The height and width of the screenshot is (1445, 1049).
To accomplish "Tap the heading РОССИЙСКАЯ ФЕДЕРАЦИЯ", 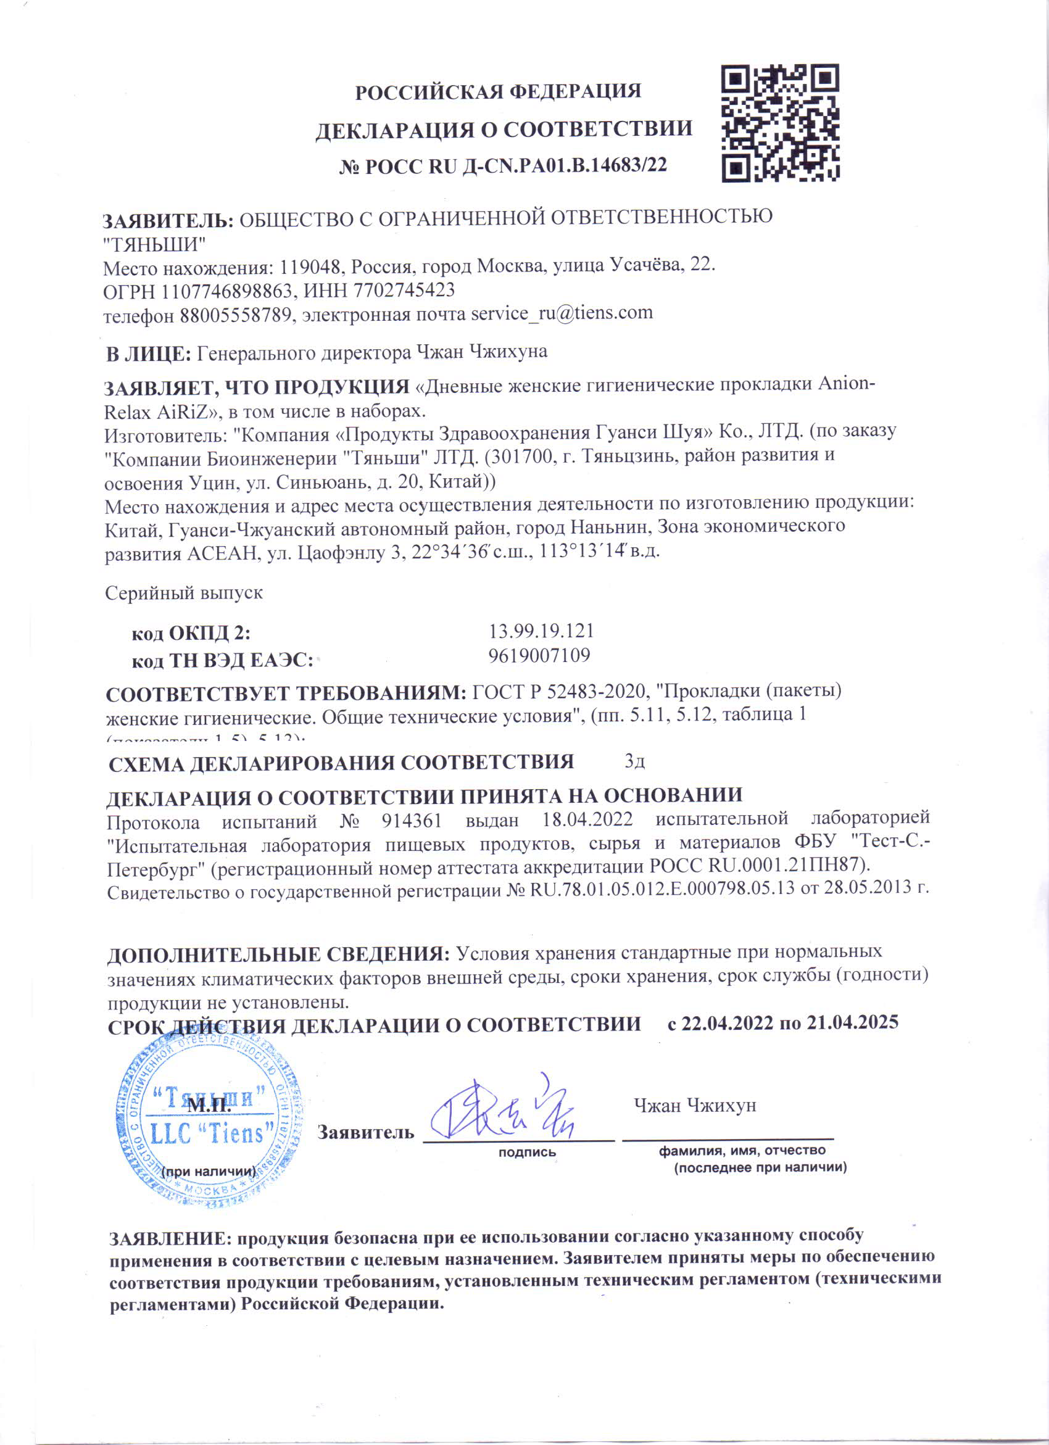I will (498, 92).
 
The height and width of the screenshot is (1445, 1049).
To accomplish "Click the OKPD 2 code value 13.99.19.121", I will (541, 631).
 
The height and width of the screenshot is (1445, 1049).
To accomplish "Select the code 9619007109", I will (539, 655).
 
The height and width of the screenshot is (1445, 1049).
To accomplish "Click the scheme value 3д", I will (636, 761).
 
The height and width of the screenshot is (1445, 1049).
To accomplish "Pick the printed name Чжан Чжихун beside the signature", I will (695, 1106).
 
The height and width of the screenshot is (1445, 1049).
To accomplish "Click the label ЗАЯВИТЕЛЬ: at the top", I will (168, 220).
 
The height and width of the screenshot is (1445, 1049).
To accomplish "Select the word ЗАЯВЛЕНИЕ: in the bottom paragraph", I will (170, 1238).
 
